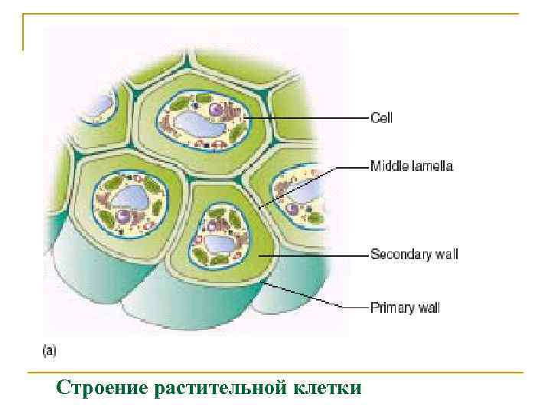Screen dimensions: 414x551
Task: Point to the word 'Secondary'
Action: pyautogui.click(x=399, y=254)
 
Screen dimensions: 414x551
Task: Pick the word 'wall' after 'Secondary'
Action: pyautogui.click(x=445, y=254)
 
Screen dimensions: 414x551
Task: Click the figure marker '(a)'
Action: pyautogui.click(x=49, y=351)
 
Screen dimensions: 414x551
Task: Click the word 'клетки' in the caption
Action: pyautogui.click(x=327, y=388)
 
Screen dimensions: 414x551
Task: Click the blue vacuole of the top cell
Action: pyautogui.click(x=195, y=125)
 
